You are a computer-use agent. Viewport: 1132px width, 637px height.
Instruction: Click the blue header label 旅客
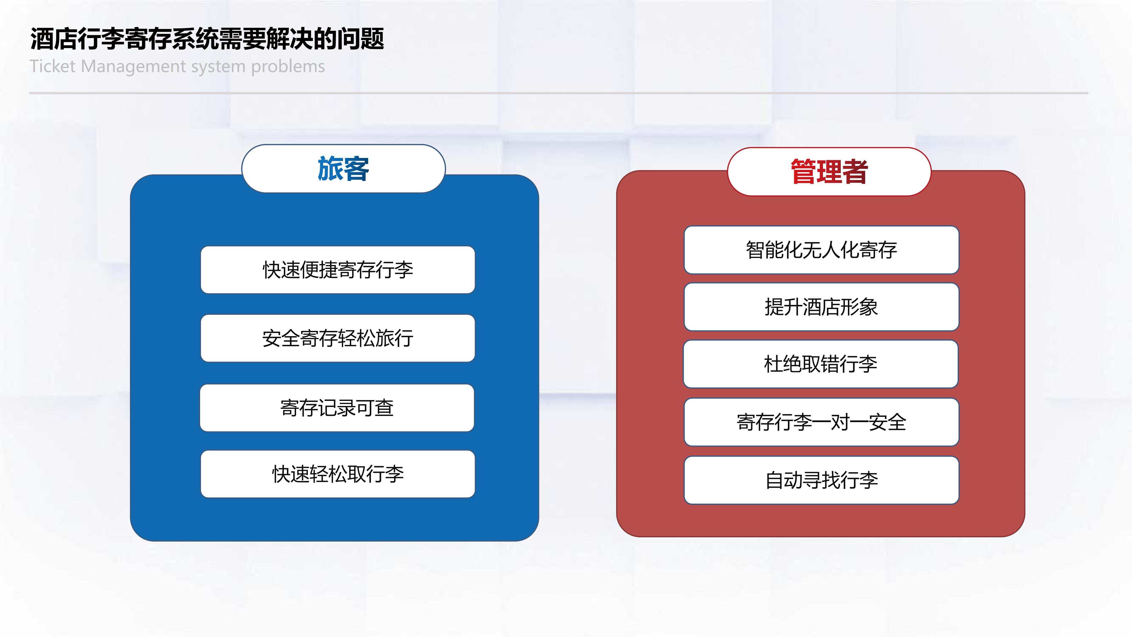point(343,168)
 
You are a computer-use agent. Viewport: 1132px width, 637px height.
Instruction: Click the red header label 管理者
point(829,172)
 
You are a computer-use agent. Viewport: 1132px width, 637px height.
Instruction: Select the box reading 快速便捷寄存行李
point(338,270)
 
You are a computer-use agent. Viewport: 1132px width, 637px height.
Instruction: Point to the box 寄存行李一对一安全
point(821,422)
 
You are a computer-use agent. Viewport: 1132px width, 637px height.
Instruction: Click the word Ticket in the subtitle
point(53,66)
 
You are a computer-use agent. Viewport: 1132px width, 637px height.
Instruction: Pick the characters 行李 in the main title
point(101,39)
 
